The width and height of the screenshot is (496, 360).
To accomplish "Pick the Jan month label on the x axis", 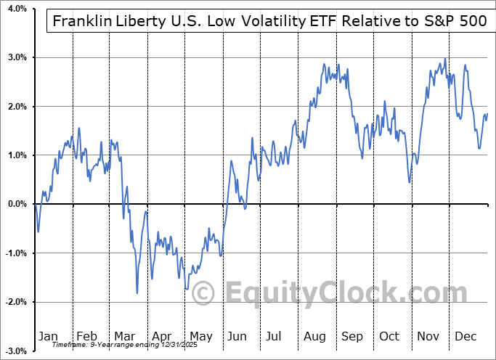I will click(48, 336).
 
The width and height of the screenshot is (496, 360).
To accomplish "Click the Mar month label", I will click(123, 336).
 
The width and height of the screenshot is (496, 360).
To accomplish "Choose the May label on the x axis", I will click(200, 336).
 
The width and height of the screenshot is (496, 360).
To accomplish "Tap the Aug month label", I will click(314, 336).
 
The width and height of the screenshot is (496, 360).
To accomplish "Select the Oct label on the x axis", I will click(389, 336).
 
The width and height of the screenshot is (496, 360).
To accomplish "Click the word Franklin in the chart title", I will click(81, 21).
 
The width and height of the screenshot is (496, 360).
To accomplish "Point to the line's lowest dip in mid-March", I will click(137, 293).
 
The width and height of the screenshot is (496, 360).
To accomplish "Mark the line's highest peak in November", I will click(444, 59).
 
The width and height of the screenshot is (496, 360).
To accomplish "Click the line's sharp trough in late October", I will click(410, 181).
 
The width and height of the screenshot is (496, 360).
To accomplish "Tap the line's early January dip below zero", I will click(38, 232).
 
